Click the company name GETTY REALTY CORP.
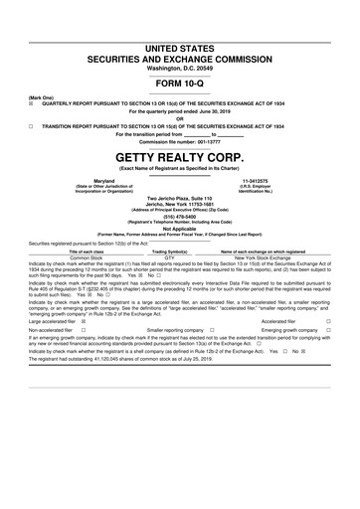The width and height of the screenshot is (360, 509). (x=179, y=157)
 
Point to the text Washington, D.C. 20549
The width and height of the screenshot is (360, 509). (x=179, y=68)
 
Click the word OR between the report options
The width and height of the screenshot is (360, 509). (x=179, y=118)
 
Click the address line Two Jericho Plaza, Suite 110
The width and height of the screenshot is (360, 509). (x=179, y=199)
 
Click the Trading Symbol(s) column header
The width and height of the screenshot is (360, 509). (x=177, y=252)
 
